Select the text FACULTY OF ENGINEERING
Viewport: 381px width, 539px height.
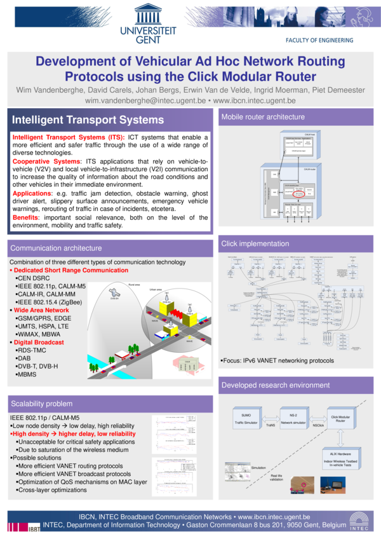tap(319, 40)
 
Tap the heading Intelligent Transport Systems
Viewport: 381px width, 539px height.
tap(88, 120)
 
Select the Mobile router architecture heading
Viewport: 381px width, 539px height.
tap(263, 117)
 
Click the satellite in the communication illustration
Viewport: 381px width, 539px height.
tap(115, 293)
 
